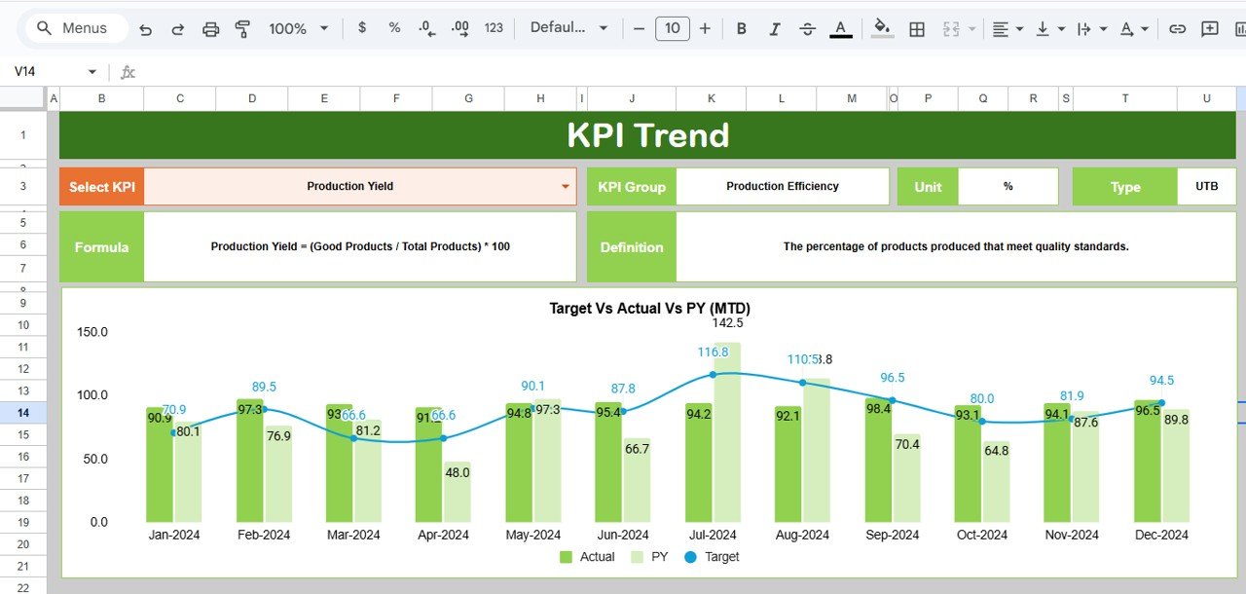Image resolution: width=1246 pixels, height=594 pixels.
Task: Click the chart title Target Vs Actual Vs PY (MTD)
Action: click(x=649, y=309)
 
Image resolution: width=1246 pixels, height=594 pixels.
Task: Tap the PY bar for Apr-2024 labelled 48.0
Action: click(x=458, y=492)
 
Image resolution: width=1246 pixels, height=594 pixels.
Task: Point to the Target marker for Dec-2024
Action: click(x=1161, y=403)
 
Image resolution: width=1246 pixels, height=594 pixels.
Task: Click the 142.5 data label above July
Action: click(x=727, y=323)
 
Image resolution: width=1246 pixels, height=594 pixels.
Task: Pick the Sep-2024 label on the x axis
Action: click(x=892, y=535)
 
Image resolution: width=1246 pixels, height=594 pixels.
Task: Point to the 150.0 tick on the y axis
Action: click(x=92, y=332)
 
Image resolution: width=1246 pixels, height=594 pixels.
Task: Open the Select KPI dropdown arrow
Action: click(x=566, y=187)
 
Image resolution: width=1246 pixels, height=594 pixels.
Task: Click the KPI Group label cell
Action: click(x=632, y=187)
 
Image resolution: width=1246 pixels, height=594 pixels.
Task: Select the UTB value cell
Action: click(x=1206, y=187)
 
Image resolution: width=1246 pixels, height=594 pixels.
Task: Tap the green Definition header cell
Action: click(x=632, y=247)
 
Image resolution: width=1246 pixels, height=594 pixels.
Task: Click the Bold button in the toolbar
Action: click(x=742, y=28)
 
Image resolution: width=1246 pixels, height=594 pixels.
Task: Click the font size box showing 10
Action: click(x=672, y=28)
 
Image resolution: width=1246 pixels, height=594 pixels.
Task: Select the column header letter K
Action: click(x=711, y=98)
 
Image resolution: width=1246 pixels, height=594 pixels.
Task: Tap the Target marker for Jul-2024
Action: click(x=713, y=375)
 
